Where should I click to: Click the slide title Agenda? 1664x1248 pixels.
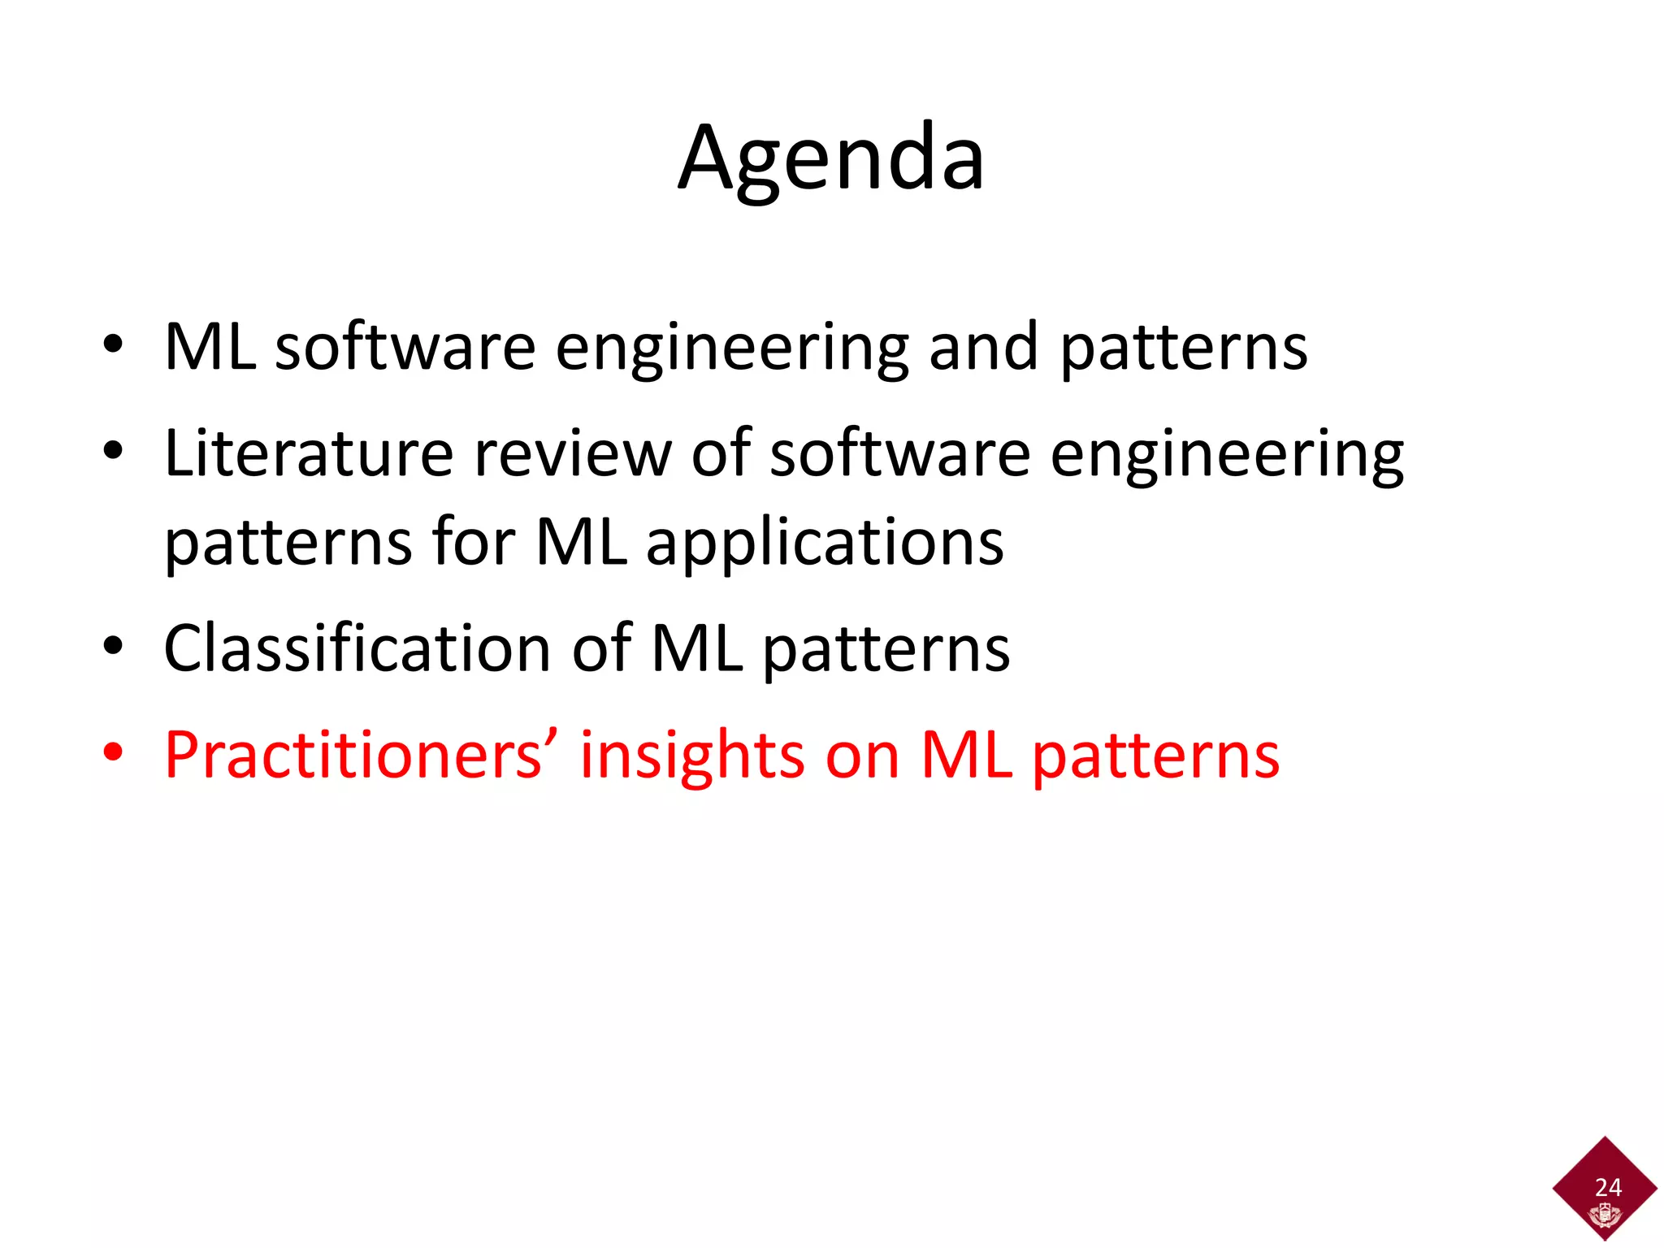coord(831,158)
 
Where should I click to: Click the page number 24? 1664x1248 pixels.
coord(1608,1187)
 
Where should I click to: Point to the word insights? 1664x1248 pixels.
coord(692,756)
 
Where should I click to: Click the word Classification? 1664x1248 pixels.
coord(357,648)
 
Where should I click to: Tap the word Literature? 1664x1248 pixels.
coord(308,453)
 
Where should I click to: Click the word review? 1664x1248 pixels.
coord(572,453)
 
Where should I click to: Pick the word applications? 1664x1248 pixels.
coord(825,543)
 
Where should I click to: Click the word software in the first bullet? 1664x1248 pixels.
coord(405,347)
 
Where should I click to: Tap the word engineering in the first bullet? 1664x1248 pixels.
coord(731,349)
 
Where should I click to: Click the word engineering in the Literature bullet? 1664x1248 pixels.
coord(1227,455)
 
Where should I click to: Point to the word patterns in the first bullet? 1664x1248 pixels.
coord(1184,349)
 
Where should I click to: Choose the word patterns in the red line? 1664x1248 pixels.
coord(1155,757)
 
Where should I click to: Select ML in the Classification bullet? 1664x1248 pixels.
coord(697,648)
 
